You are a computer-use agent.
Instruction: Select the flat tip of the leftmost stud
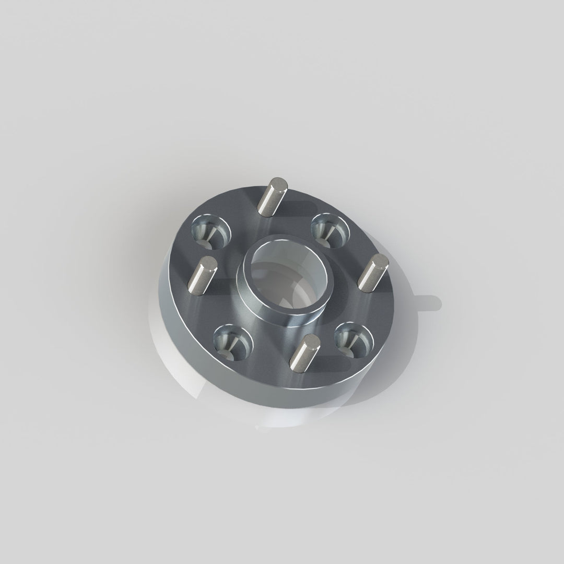(208, 263)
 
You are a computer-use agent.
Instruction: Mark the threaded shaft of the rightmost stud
(370, 274)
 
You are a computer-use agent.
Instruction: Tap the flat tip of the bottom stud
(311, 340)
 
